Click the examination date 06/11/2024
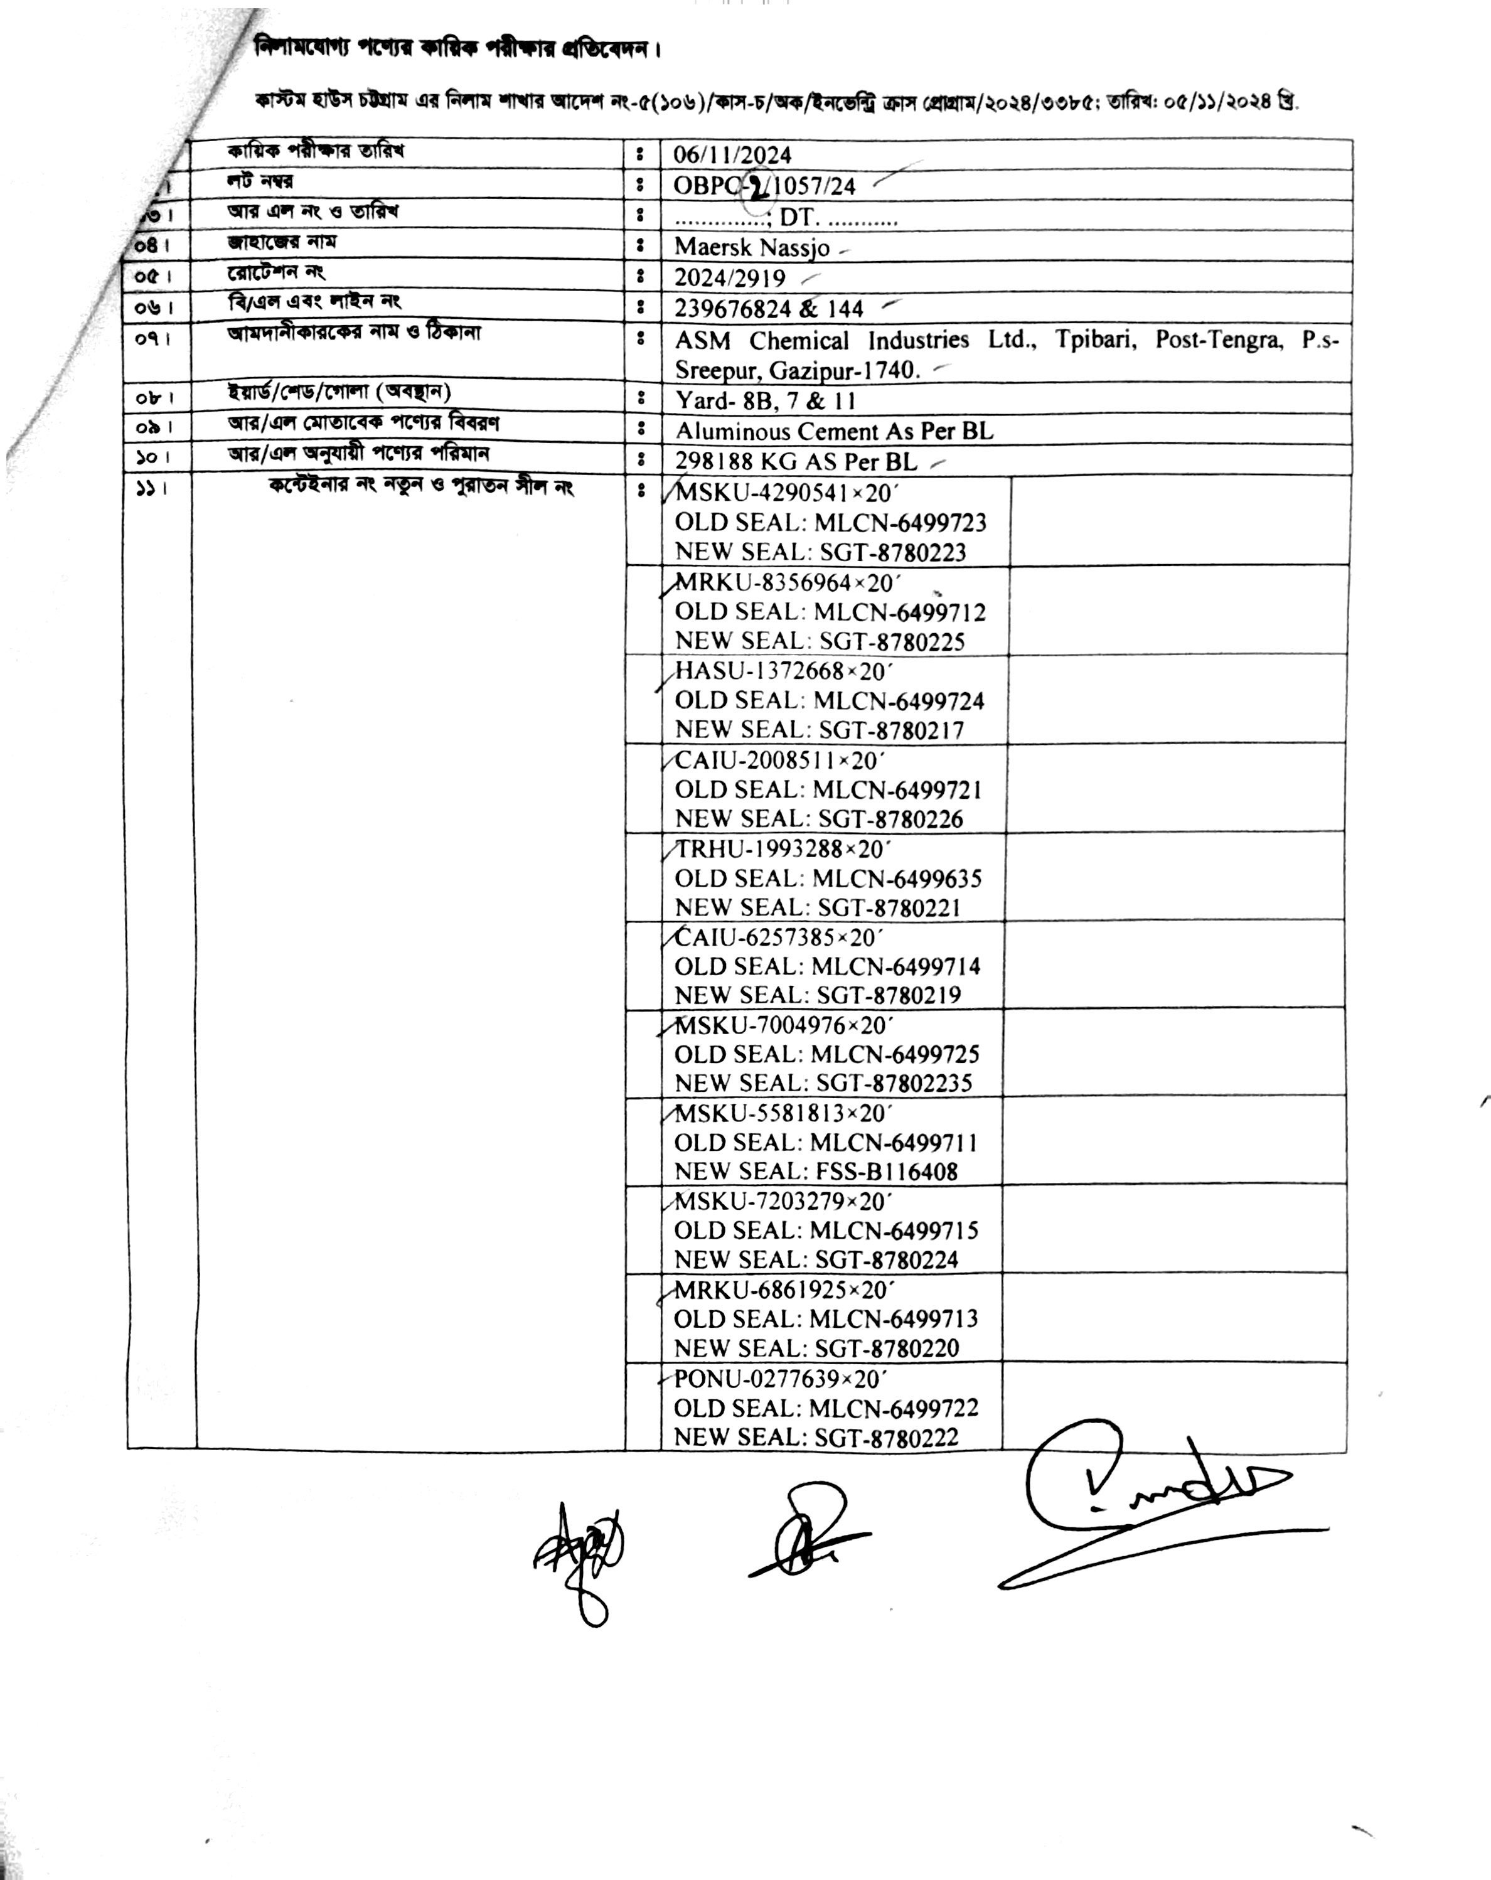point(732,155)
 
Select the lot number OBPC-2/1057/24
point(765,186)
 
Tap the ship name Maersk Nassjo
point(752,248)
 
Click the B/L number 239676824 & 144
point(768,309)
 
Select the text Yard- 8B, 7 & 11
point(766,401)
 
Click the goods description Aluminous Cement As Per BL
point(833,432)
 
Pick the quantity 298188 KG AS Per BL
point(795,461)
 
